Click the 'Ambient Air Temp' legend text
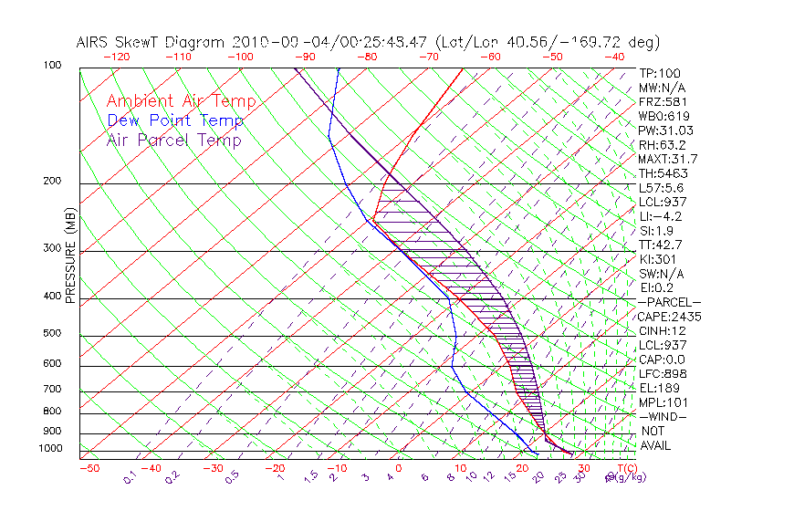[181, 101]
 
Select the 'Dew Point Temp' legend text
[175, 120]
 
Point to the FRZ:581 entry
[662, 101]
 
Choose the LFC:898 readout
[661, 373]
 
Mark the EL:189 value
[657, 388]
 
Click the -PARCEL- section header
[669, 302]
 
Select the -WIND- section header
[663, 416]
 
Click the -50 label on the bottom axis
[89, 468]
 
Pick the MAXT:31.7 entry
[669, 159]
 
